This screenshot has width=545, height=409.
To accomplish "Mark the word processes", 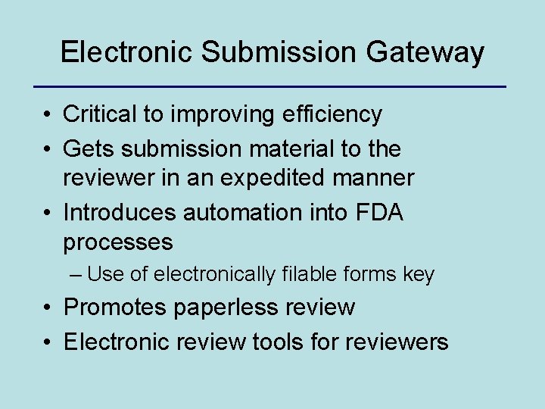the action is pos(118,242).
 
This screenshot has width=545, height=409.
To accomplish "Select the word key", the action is pos(419,274).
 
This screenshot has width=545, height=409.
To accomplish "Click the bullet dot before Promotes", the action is pos(47,308).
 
